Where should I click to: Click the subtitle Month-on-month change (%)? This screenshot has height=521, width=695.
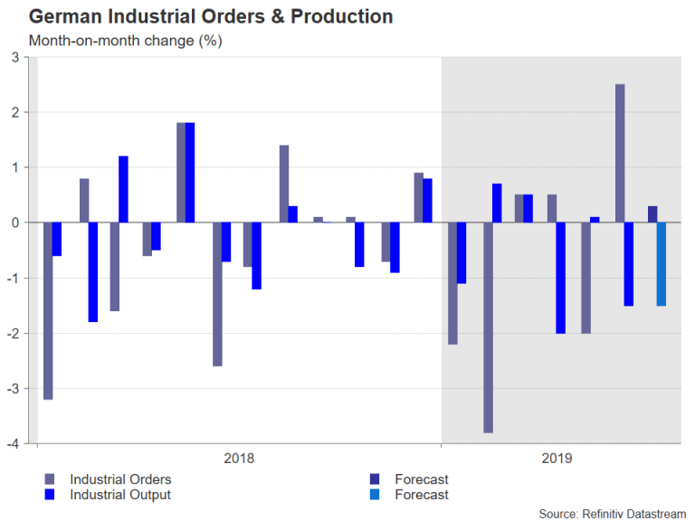125,41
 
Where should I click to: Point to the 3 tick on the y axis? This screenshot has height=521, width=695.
15,58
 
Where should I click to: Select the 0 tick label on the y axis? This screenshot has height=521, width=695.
15,223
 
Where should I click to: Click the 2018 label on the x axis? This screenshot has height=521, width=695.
239,459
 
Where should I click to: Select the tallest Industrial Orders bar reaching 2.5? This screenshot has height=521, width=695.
620,153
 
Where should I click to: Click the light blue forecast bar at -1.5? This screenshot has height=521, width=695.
662,264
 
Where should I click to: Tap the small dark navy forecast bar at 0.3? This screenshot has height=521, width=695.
652,214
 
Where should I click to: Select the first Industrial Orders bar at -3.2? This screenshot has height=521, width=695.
48,310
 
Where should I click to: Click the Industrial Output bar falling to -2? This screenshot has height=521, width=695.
561,278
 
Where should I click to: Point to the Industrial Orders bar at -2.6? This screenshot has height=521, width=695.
217,294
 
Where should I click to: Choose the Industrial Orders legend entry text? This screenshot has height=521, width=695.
120,479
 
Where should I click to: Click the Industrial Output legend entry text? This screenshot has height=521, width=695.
120,494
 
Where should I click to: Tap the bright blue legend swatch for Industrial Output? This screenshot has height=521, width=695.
49,494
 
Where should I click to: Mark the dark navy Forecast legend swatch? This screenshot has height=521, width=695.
374,479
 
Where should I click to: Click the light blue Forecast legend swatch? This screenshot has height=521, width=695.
374,494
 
